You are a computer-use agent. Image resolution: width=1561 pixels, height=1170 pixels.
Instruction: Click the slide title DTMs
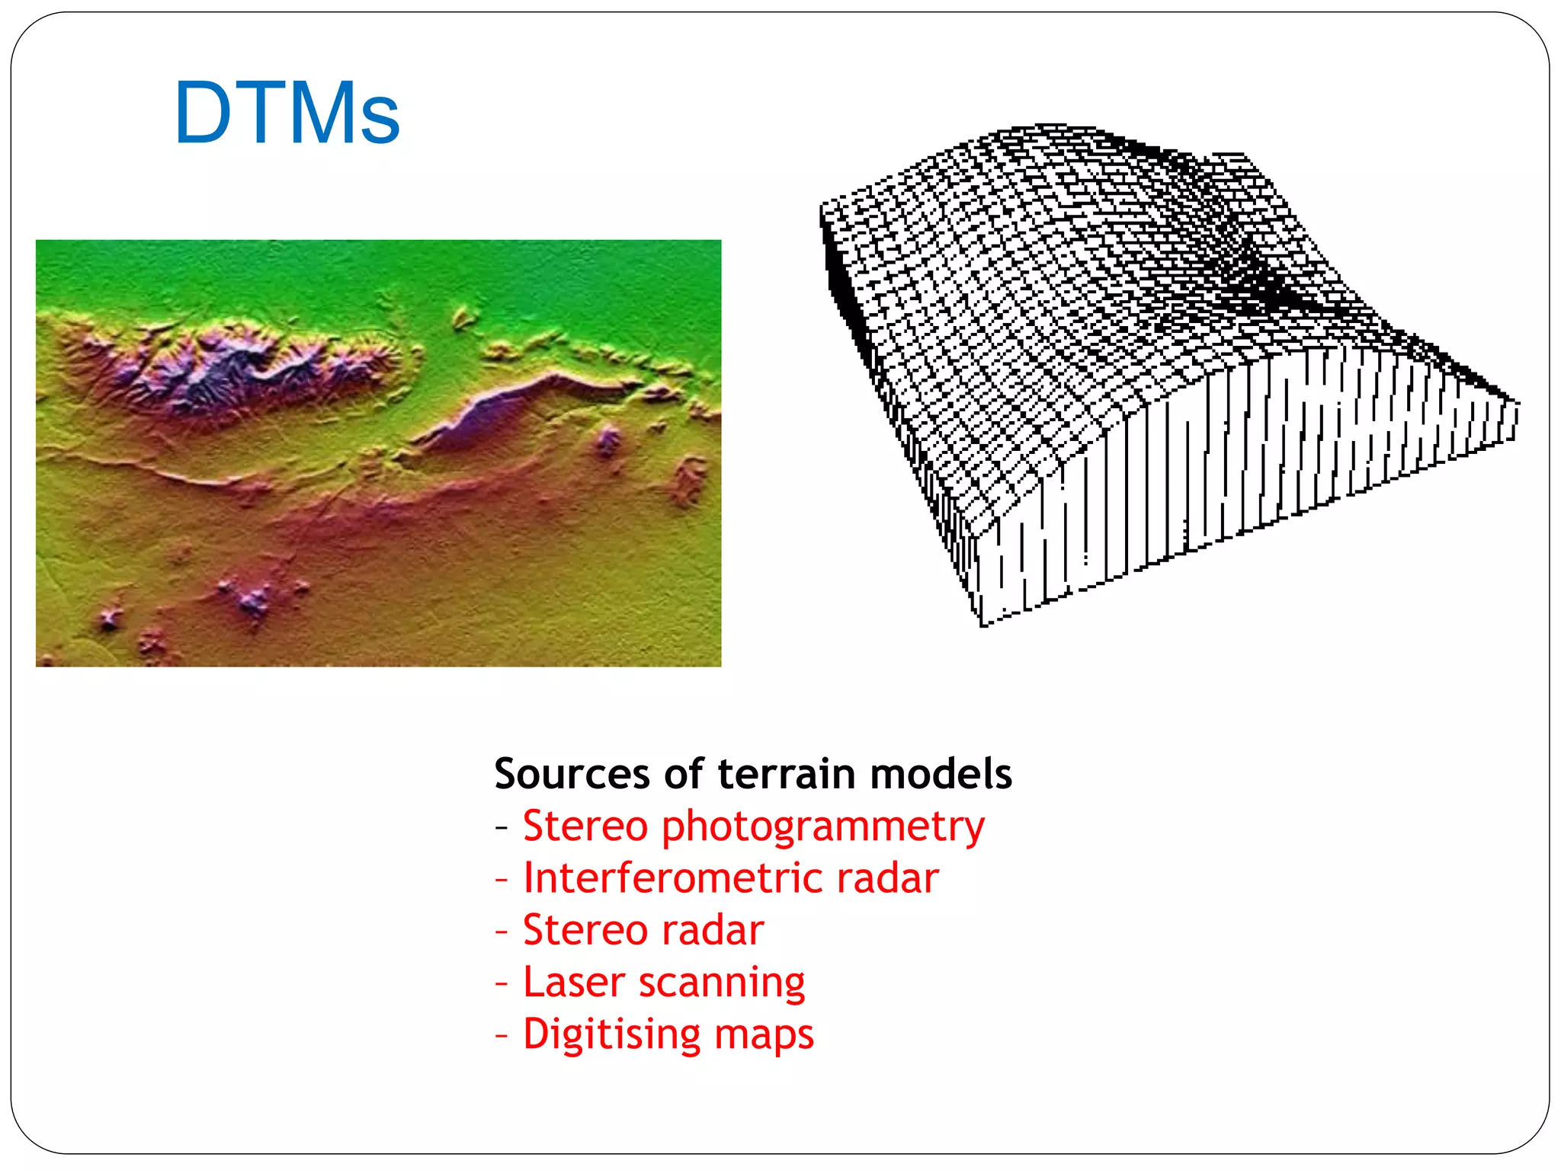point(287,113)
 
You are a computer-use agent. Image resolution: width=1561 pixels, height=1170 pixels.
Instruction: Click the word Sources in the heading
point(572,774)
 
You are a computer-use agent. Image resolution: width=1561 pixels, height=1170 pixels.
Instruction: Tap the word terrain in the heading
point(787,774)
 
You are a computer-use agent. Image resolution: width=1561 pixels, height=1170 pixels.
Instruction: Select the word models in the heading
point(941,774)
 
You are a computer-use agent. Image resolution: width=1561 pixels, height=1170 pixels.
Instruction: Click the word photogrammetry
point(823,827)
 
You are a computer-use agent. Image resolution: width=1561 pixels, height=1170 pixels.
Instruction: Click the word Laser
point(574,982)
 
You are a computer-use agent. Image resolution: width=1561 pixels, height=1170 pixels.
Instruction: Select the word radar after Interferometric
point(887,878)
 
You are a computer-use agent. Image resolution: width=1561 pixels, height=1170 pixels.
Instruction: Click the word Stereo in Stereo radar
point(585,930)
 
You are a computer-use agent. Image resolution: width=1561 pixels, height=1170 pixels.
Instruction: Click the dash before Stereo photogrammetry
point(501,827)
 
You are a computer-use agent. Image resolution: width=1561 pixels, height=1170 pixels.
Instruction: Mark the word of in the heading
point(684,774)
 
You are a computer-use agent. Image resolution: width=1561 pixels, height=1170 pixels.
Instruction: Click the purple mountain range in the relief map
point(229,366)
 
